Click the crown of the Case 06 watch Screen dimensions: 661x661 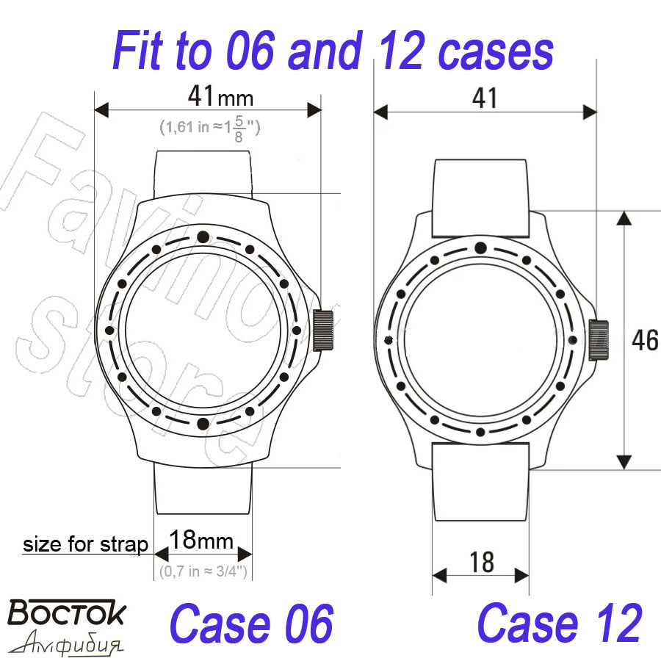pyautogui.click(x=323, y=330)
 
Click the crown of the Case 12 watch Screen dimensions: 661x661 pyautogui.click(x=599, y=340)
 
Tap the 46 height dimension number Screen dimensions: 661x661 pyautogui.click(x=645, y=340)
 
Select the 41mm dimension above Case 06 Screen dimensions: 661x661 pyautogui.click(x=220, y=96)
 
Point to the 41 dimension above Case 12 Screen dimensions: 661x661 pyautogui.click(x=485, y=98)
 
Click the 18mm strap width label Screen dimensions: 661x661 pyautogui.click(x=201, y=540)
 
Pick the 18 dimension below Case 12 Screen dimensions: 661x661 pyautogui.click(x=482, y=562)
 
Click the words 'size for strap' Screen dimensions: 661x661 pyautogui.click(x=85, y=544)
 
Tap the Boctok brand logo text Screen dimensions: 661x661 pyautogui.click(x=67, y=612)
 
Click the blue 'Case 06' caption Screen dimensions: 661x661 pyautogui.click(x=252, y=624)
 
